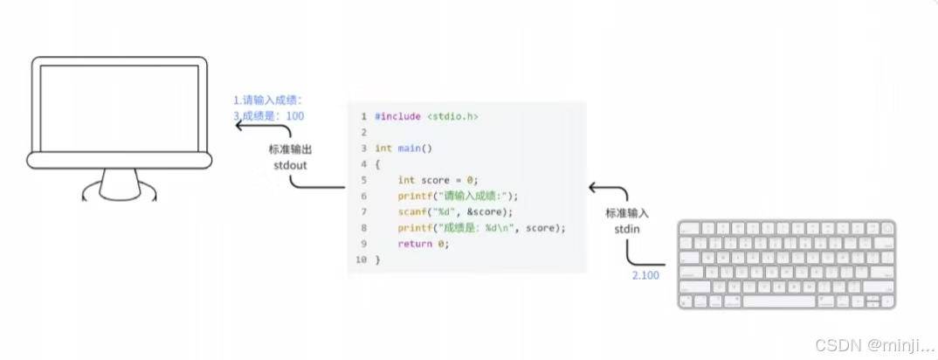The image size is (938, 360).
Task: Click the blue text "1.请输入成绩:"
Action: point(267,100)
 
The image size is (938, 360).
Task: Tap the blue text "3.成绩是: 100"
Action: point(269,115)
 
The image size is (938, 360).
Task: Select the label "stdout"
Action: point(288,164)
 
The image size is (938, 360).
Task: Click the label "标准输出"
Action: point(289,149)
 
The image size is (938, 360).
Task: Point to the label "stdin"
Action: point(626,228)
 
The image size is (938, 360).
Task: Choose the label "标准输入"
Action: point(627,213)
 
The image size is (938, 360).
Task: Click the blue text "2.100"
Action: point(645,276)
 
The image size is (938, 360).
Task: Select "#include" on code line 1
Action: point(398,117)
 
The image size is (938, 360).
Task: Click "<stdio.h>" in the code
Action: point(452,117)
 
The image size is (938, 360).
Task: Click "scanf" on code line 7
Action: point(412,212)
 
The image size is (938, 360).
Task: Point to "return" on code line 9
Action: point(415,244)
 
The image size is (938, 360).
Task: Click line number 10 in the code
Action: point(361,260)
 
